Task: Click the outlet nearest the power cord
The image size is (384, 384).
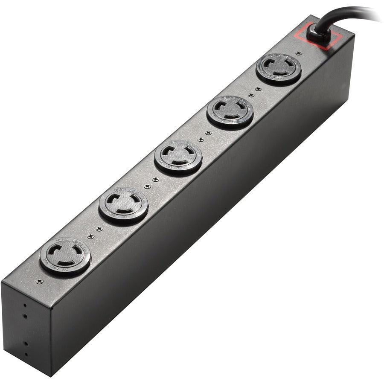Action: tap(279, 68)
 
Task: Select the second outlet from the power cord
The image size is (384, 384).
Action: tap(230, 111)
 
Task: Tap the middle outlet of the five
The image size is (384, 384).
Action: tap(178, 156)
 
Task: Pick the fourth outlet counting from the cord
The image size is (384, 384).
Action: tap(123, 205)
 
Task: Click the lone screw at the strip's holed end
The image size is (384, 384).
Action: tap(39, 281)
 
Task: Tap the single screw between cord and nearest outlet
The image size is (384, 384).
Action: tap(299, 53)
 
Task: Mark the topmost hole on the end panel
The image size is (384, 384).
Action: tap(25, 305)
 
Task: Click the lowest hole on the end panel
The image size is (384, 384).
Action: tap(26, 354)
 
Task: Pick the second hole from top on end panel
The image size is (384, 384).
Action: tap(25, 316)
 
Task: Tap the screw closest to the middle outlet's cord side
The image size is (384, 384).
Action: tap(200, 139)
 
